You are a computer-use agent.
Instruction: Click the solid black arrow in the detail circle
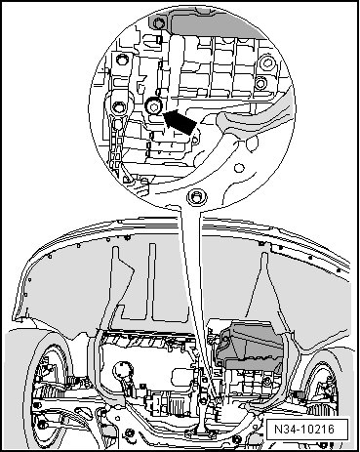180,121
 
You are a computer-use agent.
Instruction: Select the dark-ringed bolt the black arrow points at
153,106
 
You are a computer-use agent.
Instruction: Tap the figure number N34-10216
304,429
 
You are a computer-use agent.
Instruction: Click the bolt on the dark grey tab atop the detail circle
158,23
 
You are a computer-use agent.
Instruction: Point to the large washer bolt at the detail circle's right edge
267,63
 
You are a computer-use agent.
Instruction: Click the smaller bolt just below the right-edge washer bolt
260,83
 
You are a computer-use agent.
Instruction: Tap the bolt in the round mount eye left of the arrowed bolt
118,106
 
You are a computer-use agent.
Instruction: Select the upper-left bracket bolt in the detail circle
122,61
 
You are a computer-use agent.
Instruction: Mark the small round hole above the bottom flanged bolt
239,168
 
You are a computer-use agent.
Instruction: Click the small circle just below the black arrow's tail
195,141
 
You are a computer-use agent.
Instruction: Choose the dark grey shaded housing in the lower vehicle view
248,346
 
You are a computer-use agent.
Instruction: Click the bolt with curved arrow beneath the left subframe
130,433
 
